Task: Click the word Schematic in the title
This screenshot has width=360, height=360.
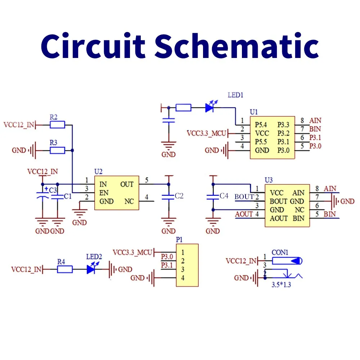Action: coord(238,46)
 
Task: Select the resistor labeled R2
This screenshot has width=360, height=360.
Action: coord(58,125)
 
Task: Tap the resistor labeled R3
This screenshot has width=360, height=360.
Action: coord(58,150)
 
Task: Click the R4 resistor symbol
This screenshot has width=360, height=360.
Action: coord(65,269)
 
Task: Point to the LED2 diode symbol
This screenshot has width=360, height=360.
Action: coord(93,269)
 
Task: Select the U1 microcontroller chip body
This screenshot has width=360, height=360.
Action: coord(272,137)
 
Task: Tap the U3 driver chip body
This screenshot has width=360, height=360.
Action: coord(287,205)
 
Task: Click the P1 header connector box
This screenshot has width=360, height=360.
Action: coord(187,265)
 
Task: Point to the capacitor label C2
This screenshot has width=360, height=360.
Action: coord(179,196)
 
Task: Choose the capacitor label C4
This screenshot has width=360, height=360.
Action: coord(224,196)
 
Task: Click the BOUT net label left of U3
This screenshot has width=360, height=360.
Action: coord(244,197)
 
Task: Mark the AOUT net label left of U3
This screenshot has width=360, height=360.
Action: coord(244,214)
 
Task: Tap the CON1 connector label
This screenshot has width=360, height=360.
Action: coord(280,252)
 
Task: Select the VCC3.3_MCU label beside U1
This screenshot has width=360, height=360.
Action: coord(206,133)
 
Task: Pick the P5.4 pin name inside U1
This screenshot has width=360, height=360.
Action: coord(261,125)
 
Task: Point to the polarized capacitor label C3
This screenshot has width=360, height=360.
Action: coord(53,190)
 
